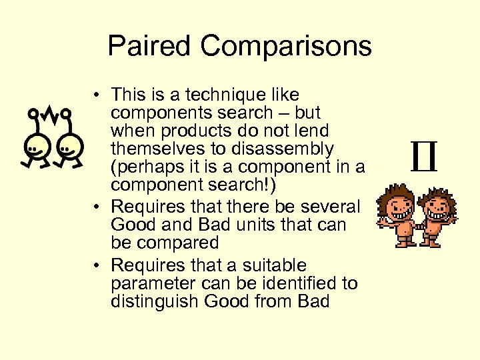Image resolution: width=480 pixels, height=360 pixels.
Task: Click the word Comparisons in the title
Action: [285, 46]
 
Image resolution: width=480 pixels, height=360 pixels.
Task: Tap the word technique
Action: [229, 95]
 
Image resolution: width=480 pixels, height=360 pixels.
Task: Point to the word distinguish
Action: [154, 301]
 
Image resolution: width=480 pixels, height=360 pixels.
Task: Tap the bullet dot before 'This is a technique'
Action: [97, 95]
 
